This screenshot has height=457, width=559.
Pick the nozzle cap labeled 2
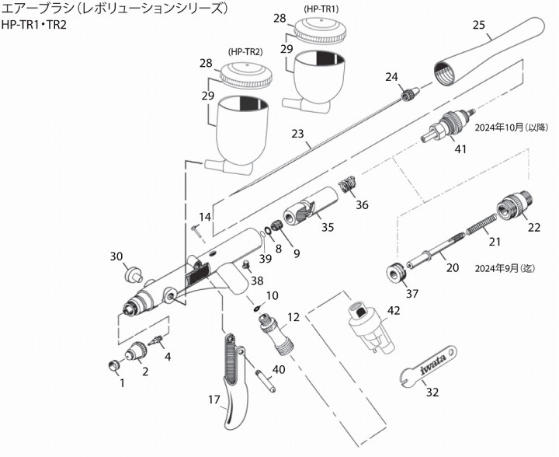click(137, 352)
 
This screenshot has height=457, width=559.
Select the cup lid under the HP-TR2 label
click(244, 75)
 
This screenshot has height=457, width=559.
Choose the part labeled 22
click(516, 206)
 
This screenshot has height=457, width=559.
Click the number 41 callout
click(460, 149)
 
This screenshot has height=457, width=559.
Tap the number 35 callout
click(328, 227)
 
